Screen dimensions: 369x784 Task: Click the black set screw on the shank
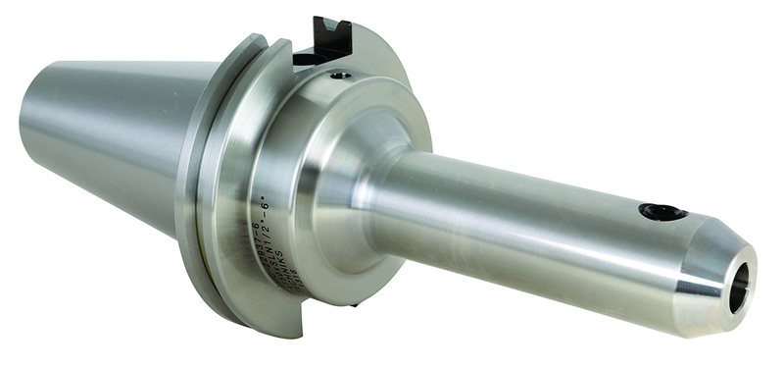tap(659, 211)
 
